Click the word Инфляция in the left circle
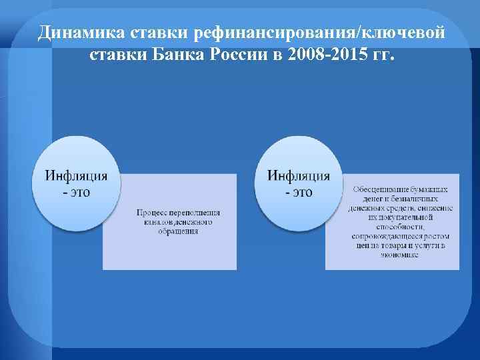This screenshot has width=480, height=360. tap(76, 176)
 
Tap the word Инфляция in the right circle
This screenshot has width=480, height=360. tap(299, 176)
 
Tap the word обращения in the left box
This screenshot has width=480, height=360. tap(175, 231)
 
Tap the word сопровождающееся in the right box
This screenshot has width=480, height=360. tap(381, 237)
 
